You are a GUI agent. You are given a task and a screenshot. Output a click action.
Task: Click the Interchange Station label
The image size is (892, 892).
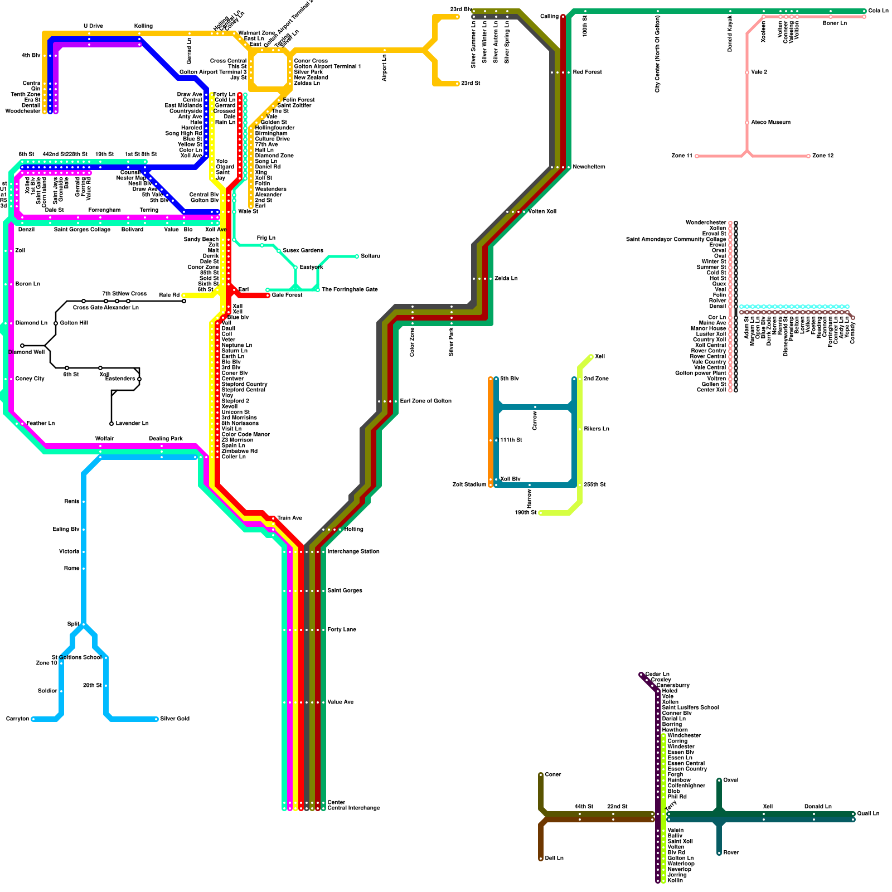point(353,552)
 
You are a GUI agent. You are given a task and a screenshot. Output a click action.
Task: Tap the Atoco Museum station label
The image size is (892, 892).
point(770,123)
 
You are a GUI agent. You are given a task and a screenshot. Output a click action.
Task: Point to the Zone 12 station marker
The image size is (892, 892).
point(808,156)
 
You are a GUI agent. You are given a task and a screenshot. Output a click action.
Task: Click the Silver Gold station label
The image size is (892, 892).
point(174,719)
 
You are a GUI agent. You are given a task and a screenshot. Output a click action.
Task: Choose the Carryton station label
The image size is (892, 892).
point(17,719)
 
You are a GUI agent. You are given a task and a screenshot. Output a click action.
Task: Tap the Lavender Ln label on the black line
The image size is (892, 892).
point(132,424)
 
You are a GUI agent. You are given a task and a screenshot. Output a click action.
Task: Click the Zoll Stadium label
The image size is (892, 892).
point(469,485)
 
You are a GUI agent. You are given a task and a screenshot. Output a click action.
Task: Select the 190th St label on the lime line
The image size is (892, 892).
point(526,513)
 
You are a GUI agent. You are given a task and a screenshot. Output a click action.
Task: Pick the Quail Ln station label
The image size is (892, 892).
point(868,814)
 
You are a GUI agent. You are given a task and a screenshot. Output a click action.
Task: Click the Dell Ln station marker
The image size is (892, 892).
point(541,859)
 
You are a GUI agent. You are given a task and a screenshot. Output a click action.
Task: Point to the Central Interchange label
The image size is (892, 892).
point(353,808)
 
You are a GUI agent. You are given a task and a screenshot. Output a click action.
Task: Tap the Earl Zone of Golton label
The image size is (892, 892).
point(425,401)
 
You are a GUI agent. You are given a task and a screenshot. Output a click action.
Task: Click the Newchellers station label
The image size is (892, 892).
point(589,167)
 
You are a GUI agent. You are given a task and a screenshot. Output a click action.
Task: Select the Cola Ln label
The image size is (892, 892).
point(878,11)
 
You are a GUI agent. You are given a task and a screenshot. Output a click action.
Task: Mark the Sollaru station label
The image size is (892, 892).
point(370,256)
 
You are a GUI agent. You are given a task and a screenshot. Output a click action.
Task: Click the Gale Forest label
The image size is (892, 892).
point(287,295)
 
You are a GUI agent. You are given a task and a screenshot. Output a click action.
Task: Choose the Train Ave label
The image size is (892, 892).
point(289,518)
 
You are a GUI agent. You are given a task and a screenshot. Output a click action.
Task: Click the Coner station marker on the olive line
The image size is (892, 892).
point(541,775)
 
